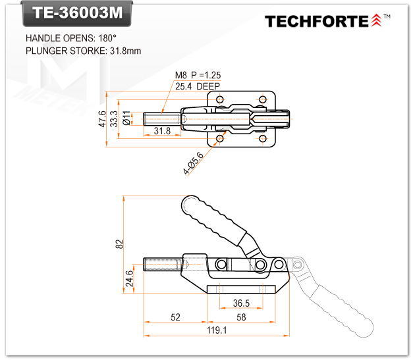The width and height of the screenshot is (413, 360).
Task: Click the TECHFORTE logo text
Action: click(x=316, y=21)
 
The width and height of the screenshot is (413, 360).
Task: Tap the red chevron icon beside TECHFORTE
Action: click(x=376, y=21)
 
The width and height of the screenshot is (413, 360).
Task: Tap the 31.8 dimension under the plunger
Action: click(x=162, y=132)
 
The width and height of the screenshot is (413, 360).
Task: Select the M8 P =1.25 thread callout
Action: click(x=198, y=75)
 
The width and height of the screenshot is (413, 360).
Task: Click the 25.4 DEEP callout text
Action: click(x=198, y=86)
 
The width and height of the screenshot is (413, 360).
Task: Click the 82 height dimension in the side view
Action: click(x=119, y=243)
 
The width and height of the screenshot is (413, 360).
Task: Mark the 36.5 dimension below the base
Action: click(x=241, y=303)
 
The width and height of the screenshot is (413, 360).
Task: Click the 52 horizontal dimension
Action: click(x=175, y=317)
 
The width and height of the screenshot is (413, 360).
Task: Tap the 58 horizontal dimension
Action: click(x=241, y=317)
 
